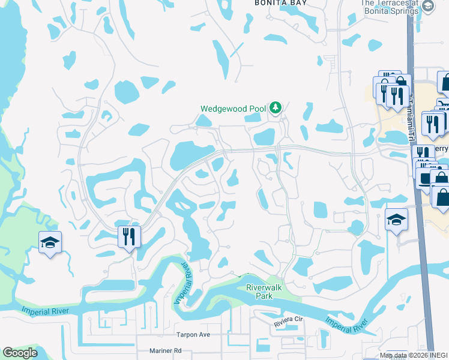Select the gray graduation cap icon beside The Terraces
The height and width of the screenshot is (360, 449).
coord(428,7)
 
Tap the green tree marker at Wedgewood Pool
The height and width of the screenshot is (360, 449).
coord(276,108)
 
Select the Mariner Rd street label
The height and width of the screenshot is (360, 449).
coord(161,350)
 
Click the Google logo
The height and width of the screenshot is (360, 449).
coord(20,353)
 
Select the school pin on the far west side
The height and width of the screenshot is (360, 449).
coord(50,242)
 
